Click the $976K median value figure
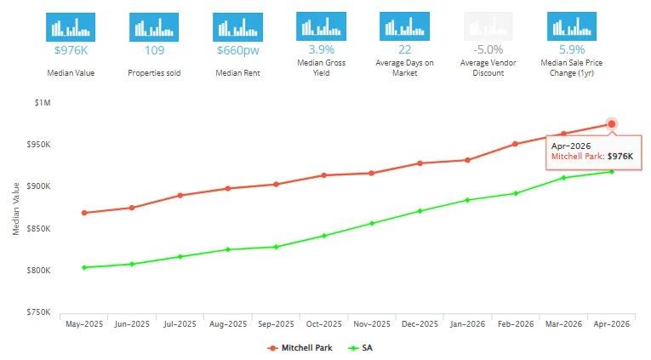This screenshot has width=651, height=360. [x=71, y=50]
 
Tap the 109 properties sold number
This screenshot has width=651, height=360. [x=154, y=50]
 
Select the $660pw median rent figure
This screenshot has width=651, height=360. [x=238, y=50]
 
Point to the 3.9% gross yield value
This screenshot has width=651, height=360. [x=322, y=49]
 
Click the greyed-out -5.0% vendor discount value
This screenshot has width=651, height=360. [x=488, y=49]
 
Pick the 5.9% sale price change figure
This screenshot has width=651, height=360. [x=572, y=49]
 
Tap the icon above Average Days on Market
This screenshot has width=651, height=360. [x=404, y=26]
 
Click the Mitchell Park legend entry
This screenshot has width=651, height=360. [x=300, y=348]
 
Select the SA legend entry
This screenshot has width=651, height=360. [x=360, y=348]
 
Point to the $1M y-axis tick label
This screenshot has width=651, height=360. [x=43, y=103]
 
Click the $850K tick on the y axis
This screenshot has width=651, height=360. [x=38, y=228]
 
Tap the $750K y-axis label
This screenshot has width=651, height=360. [x=38, y=311]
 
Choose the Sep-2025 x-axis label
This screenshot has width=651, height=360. [x=276, y=324]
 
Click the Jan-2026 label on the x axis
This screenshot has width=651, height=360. [x=467, y=324]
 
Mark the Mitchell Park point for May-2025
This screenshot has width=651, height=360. [x=84, y=213]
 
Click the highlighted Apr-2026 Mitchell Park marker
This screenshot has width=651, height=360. [x=611, y=123]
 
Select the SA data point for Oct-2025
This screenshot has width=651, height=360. [x=324, y=236]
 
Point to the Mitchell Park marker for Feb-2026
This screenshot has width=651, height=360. [x=515, y=144]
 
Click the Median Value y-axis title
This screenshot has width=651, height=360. [x=16, y=209]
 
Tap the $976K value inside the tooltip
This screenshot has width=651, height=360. [x=620, y=156]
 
